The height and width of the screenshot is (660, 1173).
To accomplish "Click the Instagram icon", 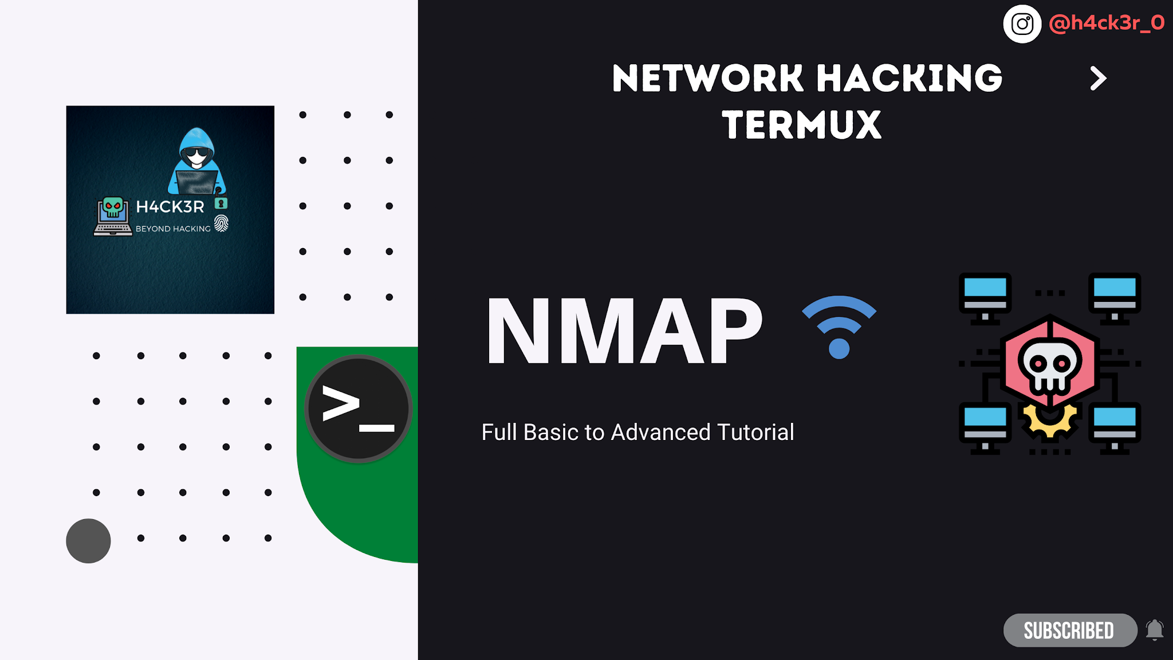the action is click(x=1022, y=24).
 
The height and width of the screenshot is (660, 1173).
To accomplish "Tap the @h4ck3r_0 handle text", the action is click(x=1107, y=23).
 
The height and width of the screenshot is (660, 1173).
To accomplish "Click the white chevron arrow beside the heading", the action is click(x=1097, y=78).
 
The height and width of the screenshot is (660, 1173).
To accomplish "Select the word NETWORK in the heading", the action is click(x=707, y=78).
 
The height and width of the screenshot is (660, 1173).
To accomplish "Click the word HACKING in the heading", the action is click(x=909, y=78).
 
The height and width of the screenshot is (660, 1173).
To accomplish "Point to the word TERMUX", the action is click(x=802, y=125).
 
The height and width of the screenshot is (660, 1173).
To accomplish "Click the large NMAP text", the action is click(x=624, y=331).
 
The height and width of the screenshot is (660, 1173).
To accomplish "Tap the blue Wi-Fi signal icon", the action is click(x=839, y=327).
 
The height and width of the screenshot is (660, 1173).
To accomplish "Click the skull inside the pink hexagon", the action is click(x=1049, y=367).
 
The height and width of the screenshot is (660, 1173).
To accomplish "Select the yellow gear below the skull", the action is click(x=1049, y=421).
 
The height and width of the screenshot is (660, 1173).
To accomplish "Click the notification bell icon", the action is click(x=1155, y=630).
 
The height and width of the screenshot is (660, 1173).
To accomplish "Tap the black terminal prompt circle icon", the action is click(x=359, y=408).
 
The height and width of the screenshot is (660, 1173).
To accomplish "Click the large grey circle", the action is click(x=88, y=541).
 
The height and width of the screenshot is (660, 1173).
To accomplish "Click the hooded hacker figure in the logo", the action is click(x=197, y=162).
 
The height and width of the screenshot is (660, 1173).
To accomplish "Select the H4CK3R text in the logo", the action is click(x=170, y=207).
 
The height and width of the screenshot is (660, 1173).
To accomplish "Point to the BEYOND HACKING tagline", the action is click(x=173, y=229).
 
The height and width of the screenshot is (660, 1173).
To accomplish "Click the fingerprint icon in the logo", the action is click(x=221, y=223).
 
